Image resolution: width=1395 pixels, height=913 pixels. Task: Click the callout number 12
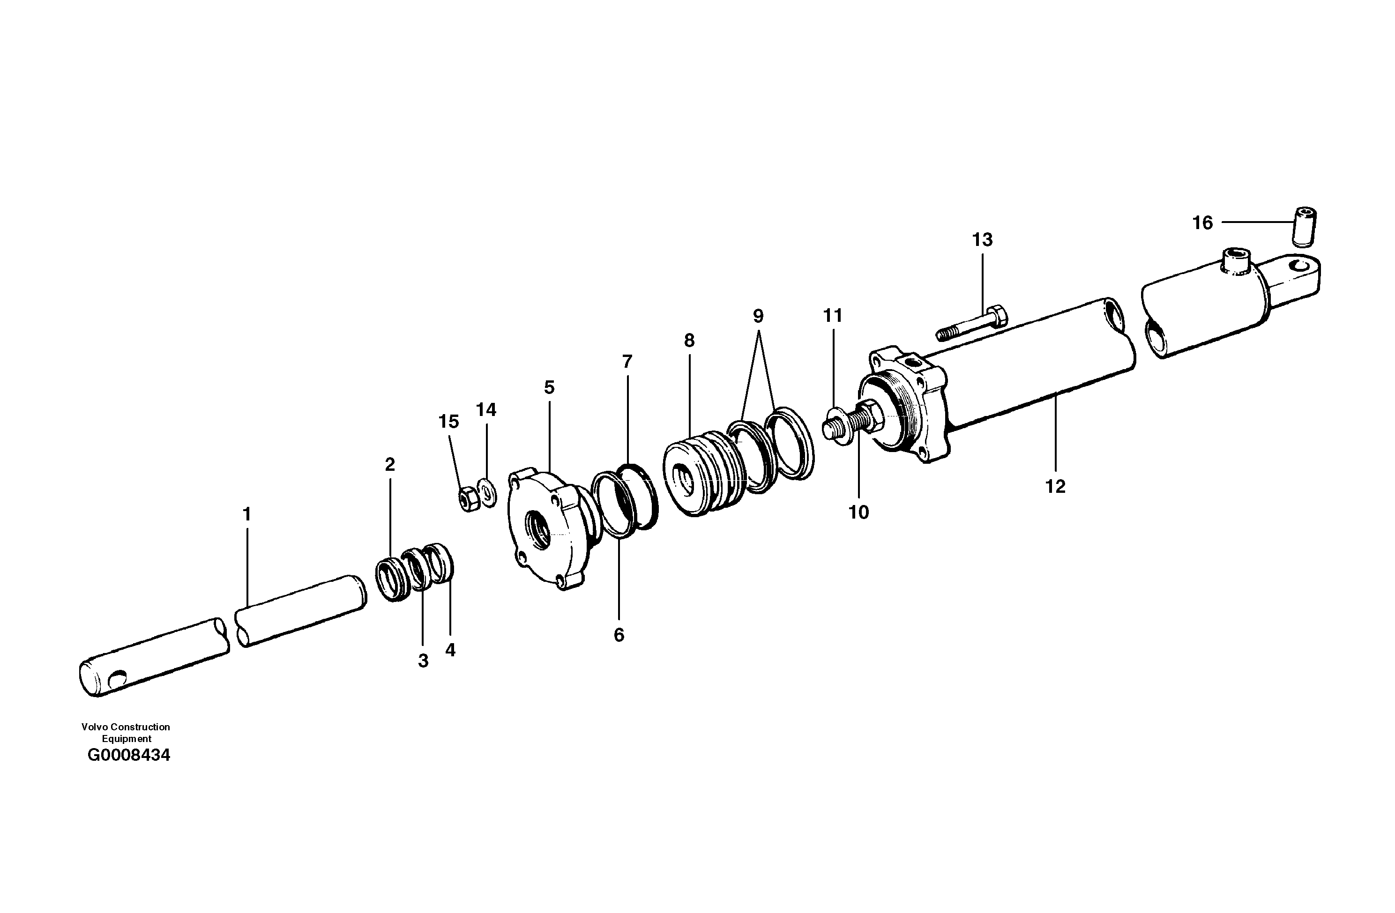(x=1055, y=486)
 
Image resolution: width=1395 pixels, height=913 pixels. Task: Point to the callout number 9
(x=758, y=317)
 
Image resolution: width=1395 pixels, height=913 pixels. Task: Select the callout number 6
(x=619, y=635)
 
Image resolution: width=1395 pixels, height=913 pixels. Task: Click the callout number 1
(x=247, y=514)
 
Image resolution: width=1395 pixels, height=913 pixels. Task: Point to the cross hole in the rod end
(x=118, y=679)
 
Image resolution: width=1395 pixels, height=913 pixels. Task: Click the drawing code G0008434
(x=128, y=755)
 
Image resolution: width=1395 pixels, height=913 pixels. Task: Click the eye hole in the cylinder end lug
(x=1301, y=266)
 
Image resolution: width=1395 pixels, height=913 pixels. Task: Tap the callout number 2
(x=390, y=465)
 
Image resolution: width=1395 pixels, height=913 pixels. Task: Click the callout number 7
(x=627, y=362)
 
